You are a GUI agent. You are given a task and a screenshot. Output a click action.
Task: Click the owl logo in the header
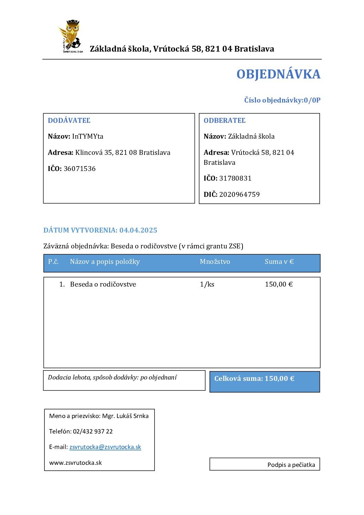70,36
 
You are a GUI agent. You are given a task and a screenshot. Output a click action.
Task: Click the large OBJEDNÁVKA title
278,74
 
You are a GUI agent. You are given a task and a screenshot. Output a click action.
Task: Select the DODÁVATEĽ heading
69,120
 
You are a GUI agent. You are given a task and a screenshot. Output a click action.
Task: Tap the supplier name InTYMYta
87,136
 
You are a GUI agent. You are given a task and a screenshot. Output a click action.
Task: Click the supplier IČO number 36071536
79,169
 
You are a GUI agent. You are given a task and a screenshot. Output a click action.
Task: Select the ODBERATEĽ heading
225,120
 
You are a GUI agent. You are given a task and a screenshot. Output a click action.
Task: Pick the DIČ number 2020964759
239,194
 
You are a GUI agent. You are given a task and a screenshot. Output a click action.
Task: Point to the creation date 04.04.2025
138,230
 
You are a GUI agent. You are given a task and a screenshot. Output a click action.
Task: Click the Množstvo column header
215,261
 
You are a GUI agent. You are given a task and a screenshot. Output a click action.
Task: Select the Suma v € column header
279,261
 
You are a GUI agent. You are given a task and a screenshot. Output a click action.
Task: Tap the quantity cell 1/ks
207,284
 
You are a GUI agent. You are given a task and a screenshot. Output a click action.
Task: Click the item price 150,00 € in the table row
279,284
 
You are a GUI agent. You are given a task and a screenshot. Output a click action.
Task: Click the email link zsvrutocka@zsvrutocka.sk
105,447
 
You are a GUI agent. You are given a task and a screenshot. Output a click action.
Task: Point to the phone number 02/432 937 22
93,431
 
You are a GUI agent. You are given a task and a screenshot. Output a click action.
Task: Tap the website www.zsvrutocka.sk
75,463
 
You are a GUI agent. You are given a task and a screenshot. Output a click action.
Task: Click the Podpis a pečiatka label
291,465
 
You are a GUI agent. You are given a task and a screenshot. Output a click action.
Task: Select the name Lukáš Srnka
132,416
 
